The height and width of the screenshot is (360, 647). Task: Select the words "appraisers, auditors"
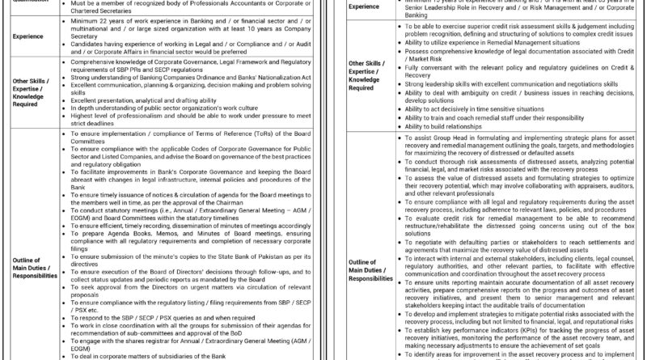pos(588,184)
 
